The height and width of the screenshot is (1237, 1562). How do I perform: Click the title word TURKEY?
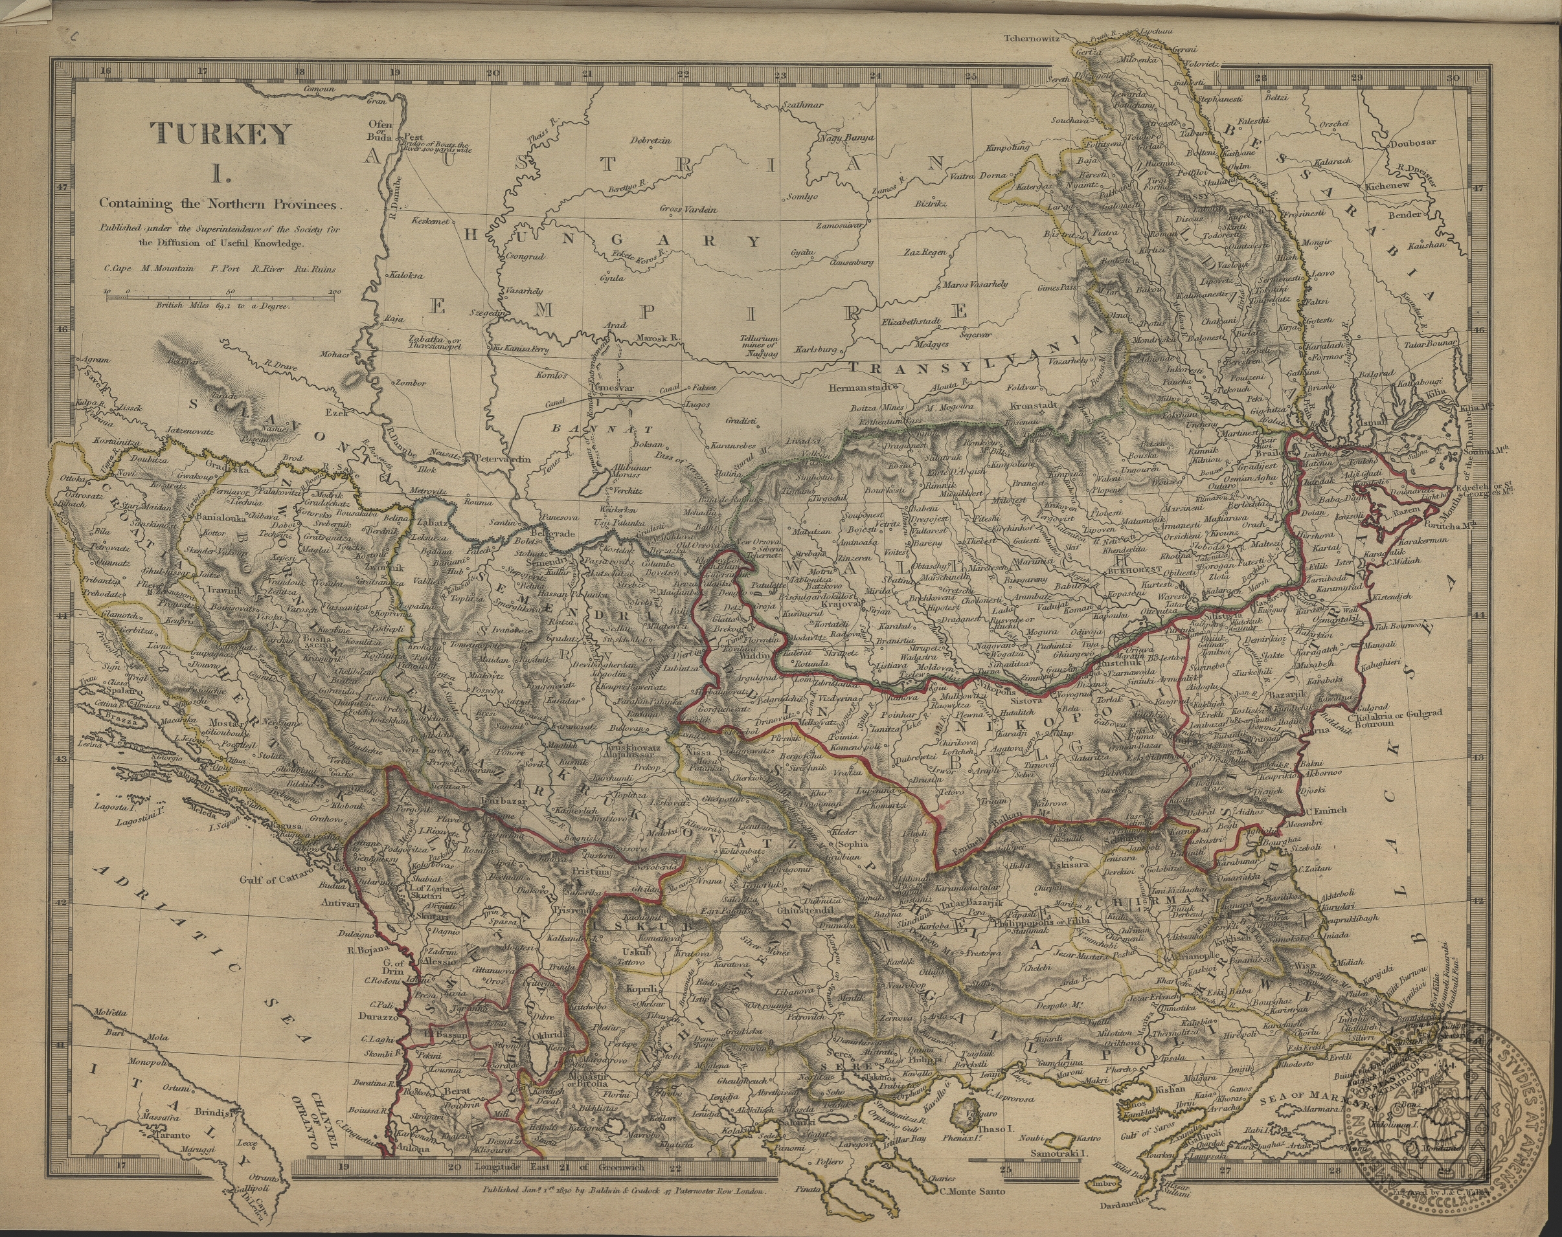pos(220,134)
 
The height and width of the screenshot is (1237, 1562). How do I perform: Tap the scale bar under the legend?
pos(221,293)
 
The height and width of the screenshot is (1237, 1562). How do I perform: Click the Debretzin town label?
pos(651,140)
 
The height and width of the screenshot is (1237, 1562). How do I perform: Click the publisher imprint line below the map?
pos(628,1209)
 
